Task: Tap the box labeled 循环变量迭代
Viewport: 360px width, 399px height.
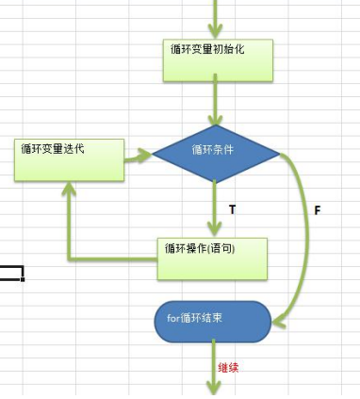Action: pos(69,159)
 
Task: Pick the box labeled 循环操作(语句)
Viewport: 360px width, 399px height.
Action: pos(212,258)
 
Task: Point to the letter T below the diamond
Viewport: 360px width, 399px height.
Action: pos(232,207)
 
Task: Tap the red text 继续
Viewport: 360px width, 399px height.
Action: pos(228,367)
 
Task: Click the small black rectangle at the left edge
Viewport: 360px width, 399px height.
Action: pos(11,274)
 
